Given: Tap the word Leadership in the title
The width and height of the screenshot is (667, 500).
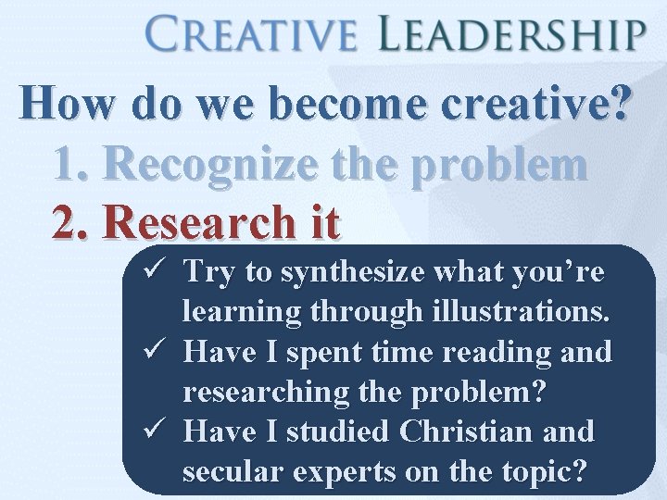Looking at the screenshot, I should click(512, 36).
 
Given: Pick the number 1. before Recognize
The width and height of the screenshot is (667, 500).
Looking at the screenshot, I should click(72, 165).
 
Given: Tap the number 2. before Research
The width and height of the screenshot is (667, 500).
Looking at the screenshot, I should click(72, 223).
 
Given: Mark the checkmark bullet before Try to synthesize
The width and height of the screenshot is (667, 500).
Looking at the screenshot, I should click(155, 271).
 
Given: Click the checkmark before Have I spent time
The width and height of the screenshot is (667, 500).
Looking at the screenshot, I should click(155, 352).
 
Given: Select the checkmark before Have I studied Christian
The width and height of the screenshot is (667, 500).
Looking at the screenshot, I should click(155, 431).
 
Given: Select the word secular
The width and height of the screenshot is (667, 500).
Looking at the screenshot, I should click(234, 472).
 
